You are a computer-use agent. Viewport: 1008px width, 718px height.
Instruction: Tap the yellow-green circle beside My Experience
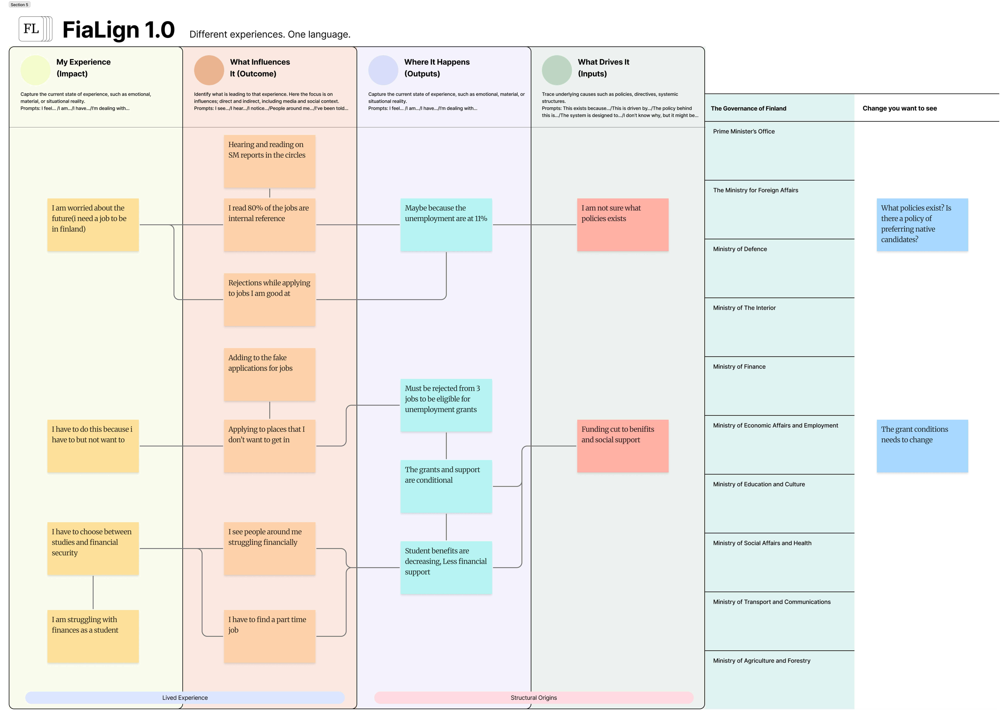(x=35, y=70)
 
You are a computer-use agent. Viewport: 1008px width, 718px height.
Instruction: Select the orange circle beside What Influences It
(x=209, y=70)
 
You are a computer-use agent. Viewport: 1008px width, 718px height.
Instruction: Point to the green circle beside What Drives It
(x=557, y=70)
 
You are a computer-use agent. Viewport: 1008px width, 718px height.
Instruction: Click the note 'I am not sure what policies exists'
(x=622, y=225)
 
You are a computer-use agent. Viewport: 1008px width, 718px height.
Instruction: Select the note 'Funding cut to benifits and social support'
(x=622, y=446)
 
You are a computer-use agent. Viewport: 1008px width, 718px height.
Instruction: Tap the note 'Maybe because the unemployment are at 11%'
(x=446, y=225)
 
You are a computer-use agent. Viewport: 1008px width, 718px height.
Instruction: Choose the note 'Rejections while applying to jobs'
(x=269, y=299)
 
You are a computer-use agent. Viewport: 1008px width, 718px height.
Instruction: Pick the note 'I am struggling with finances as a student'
(x=93, y=636)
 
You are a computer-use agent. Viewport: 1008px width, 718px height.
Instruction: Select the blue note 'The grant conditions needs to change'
(x=922, y=446)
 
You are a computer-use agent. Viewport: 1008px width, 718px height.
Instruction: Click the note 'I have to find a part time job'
(x=269, y=636)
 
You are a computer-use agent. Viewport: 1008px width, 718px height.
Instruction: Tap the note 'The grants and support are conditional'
(x=446, y=486)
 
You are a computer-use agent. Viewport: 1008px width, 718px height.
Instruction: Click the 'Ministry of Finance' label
(x=739, y=366)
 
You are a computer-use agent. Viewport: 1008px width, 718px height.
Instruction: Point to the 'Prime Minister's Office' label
(x=744, y=131)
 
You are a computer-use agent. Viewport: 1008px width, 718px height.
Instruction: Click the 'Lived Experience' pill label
(x=185, y=698)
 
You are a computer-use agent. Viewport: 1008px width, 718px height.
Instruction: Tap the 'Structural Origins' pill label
(x=533, y=698)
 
